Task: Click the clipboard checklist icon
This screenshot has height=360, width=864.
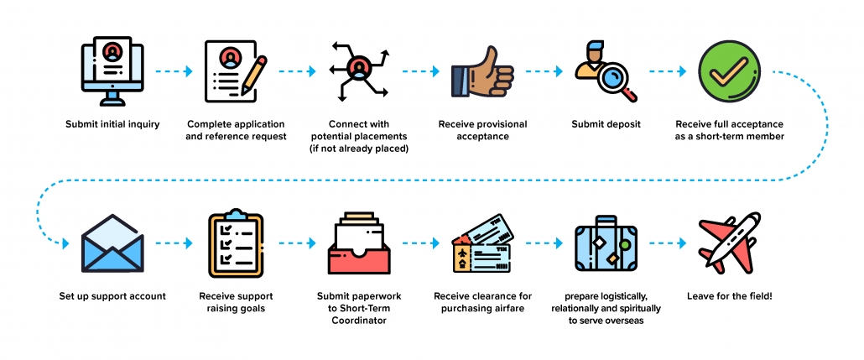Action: (x=235, y=244)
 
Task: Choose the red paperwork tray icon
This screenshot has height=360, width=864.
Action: (x=357, y=244)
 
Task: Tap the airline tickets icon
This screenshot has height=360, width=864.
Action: (x=482, y=244)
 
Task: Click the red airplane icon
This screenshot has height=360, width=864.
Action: (x=726, y=243)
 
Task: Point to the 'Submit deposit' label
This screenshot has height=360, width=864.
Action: (x=606, y=124)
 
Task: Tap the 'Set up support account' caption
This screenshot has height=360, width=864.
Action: (x=112, y=296)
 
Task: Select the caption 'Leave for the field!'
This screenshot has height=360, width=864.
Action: (x=726, y=296)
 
